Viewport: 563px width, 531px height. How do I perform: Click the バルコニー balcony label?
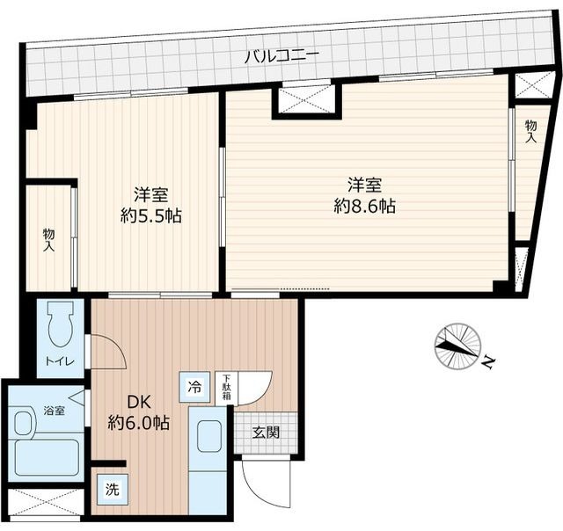281,57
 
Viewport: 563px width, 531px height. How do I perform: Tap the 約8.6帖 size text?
364,207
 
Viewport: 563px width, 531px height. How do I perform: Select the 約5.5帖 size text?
150,216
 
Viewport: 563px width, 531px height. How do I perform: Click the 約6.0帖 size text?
139,423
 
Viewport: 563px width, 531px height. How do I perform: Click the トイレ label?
60,361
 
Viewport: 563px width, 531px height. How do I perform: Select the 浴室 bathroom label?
55,411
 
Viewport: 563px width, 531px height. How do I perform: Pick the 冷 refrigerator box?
194,388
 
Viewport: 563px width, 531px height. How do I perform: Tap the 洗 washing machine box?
112,489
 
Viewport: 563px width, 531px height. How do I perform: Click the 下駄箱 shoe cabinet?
226,388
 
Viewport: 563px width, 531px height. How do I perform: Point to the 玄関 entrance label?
266,433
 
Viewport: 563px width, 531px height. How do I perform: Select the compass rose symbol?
457,346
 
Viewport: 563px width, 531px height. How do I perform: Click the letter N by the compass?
486,362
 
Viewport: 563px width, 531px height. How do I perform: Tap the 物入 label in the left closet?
49,240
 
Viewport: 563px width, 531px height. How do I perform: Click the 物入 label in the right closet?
531,132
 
